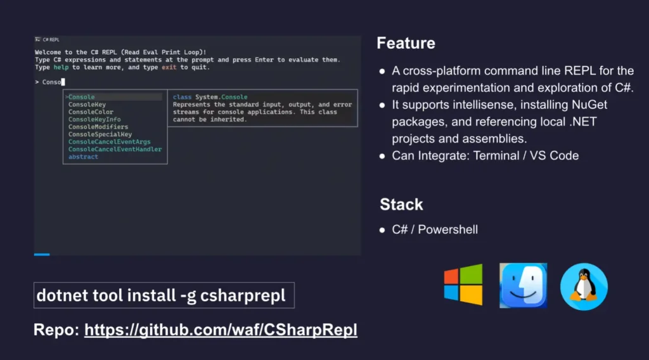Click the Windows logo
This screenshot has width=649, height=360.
[x=463, y=285]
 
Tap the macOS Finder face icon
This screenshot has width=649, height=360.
[x=523, y=285]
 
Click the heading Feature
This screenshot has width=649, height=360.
[x=406, y=43]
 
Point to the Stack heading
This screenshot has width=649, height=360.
[x=401, y=205]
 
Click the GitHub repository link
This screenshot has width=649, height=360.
[x=221, y=330]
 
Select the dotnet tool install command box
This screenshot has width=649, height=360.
[x=164, y=295]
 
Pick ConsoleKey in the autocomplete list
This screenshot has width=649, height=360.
[x=87, y=105]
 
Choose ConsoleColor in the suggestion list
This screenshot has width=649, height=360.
[x=91, y=112]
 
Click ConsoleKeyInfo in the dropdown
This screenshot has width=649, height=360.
[x=94, y=120]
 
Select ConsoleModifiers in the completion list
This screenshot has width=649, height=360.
[x=98, y=127]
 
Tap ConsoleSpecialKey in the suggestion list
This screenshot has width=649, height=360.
[x=100, y=134]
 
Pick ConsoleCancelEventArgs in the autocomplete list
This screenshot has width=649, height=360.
[x=110, y=142]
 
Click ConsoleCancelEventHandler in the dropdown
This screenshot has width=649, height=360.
[x=115, y=150]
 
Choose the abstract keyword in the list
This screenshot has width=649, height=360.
[x=83, y=157]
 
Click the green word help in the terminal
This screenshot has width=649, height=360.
[x=60, y=67]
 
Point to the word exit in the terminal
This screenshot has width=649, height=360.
[x=169, y=67]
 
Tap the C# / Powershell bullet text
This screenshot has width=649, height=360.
[x=435, y=229]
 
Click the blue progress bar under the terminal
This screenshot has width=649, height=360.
[x=42, y=254]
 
